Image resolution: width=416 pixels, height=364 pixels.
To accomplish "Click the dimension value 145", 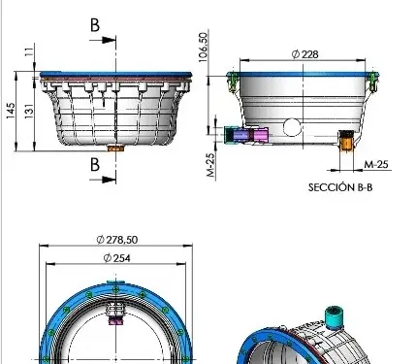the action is (x=11, y=111).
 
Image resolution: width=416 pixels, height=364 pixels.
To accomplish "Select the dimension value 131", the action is (x=29, y=111).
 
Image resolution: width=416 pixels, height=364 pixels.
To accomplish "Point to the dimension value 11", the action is (x=29, y=51).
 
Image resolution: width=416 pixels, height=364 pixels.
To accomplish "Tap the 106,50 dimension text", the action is (x=203, y=48).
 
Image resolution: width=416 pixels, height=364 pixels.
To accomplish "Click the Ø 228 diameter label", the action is (x=304, y=54).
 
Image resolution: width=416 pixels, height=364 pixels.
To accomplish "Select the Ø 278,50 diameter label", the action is (x=117, y=240).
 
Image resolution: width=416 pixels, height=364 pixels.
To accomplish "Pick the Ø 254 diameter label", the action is (x=116, y=258).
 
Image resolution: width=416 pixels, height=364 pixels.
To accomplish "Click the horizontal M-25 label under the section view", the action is (x=376, y=164).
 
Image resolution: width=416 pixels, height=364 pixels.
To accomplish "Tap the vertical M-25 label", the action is (x=210, y=165).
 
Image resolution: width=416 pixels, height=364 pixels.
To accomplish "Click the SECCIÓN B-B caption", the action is (x=340, y=187).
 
